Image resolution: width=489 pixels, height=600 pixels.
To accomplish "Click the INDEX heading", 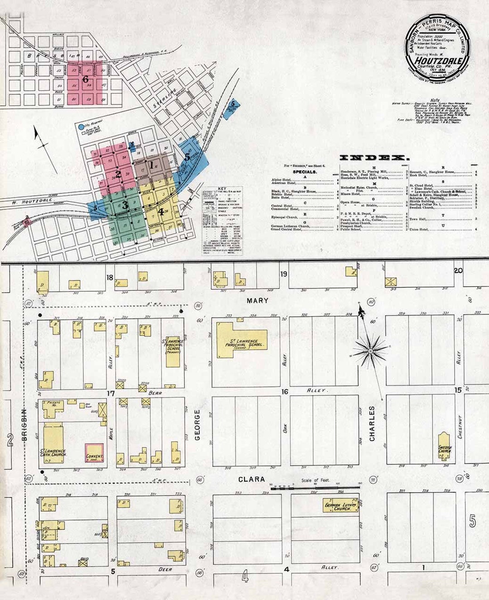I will click(x=374, y=158).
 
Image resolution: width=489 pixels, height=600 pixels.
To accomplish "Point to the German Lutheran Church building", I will click(x=340, y=506).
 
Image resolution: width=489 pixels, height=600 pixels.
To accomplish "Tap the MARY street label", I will click(x=257, y=300).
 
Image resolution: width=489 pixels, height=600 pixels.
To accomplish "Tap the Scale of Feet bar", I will click(x=315, y=488).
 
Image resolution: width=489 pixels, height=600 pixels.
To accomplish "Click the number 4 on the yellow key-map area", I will click(x=161, y=210).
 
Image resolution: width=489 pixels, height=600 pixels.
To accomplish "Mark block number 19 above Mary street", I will click(x=283, y=274).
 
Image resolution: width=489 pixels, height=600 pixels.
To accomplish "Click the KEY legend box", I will click(x=222, y=221).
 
